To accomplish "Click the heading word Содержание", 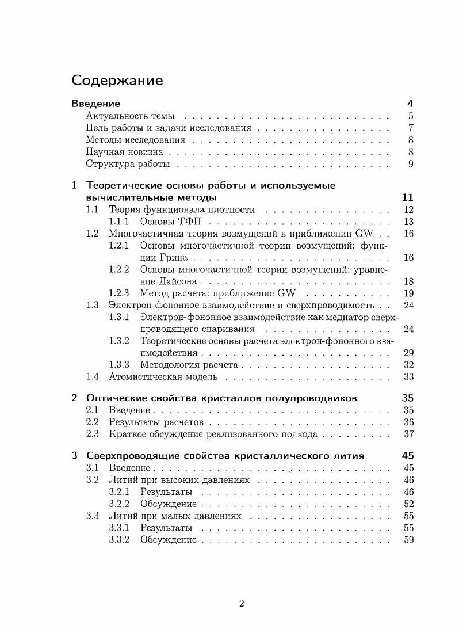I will [117, 81].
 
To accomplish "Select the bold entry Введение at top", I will [95, 104].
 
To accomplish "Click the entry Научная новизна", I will [124, 153].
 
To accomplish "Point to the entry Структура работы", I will [128, 165].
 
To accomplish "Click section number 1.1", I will [93, 210].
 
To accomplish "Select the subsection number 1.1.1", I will [119, 222].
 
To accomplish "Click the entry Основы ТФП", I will [171, 222].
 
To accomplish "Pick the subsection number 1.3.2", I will [119, 341].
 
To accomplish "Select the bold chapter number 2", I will [74, 398].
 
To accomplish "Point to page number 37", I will [408, 434].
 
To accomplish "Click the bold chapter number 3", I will [74, 456].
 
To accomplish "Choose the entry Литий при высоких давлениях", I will [179, 480].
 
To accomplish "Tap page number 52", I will [408, 504].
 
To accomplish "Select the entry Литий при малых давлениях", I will [175, 516].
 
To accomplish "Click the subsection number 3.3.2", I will [119, 540].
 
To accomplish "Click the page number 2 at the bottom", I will [242, 604].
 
